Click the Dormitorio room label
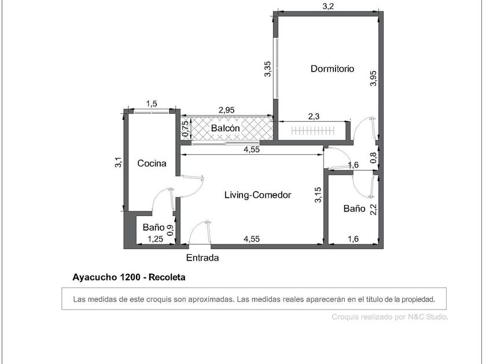332,68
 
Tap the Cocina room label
152,163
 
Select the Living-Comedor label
258,195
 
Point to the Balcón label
225,128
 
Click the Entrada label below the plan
203,258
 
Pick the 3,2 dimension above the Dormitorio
328,6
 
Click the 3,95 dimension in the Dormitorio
374,79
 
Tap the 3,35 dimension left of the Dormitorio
267,69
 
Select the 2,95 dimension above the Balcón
227,110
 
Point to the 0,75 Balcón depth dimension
185,128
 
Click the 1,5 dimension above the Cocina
152,103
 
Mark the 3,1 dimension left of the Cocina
119,162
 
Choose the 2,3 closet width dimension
314,116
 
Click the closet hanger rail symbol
313,131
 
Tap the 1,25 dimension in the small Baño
155,239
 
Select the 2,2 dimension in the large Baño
374,209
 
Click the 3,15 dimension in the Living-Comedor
318,195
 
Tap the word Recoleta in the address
167,277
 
